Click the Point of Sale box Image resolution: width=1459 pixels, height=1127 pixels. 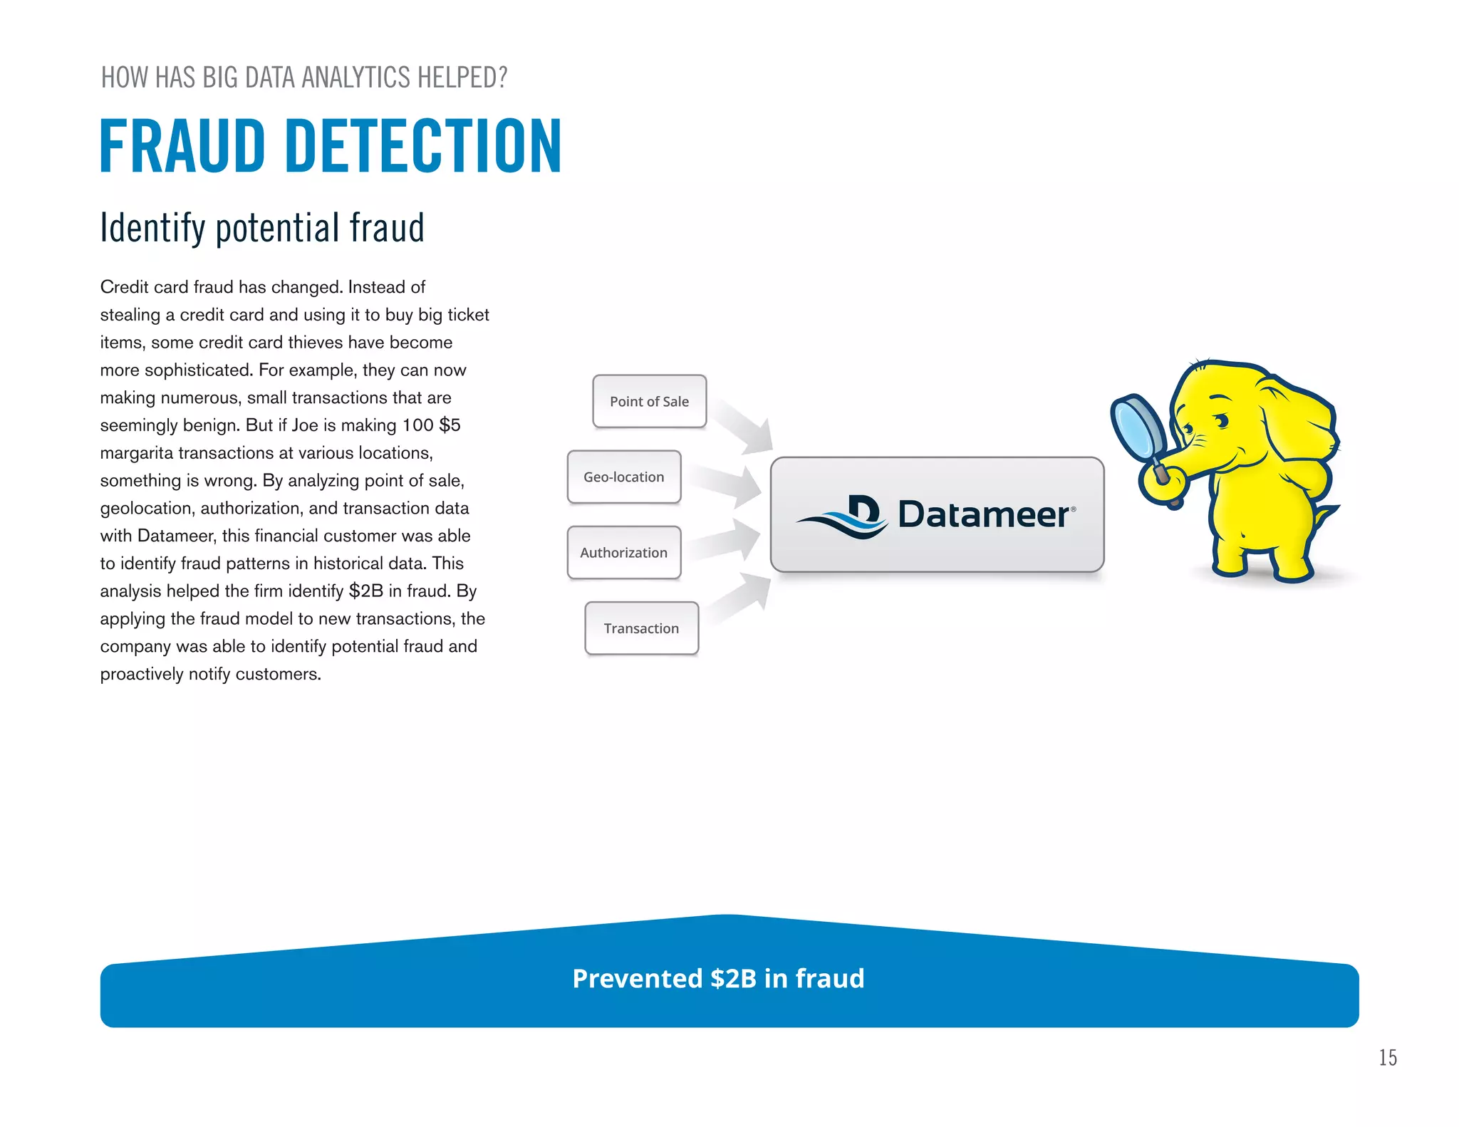[649, 401]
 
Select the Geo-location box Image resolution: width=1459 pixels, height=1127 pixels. [623, 477]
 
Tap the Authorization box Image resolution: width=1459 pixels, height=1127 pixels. [623, 552]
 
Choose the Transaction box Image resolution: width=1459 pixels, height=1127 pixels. [641, 628]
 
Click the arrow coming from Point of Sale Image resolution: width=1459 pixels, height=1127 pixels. [744, 425]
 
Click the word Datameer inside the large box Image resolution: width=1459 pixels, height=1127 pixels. [983, 514]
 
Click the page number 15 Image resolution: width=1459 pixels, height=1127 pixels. [1387, 1058]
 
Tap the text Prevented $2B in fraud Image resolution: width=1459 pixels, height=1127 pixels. [718, 978]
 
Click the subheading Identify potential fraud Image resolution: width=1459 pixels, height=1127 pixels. [262, 228]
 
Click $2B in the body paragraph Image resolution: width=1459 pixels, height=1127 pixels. [365, 591]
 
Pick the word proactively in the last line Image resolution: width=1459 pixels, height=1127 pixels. [142, 674]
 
